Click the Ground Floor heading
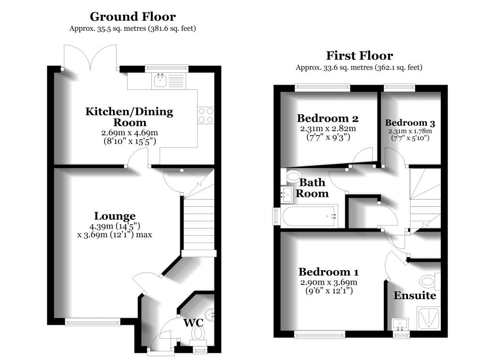click(132, 17)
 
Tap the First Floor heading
click(359, 56)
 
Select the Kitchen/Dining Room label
click(129, 117)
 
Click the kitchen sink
click(160, 81)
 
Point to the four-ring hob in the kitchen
click(206, 115)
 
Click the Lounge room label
click(115, 216)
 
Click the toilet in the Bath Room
click(293, 177)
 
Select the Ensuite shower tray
click(428, 319)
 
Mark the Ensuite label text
click(414, 295)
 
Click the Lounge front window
click(92, 321)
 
